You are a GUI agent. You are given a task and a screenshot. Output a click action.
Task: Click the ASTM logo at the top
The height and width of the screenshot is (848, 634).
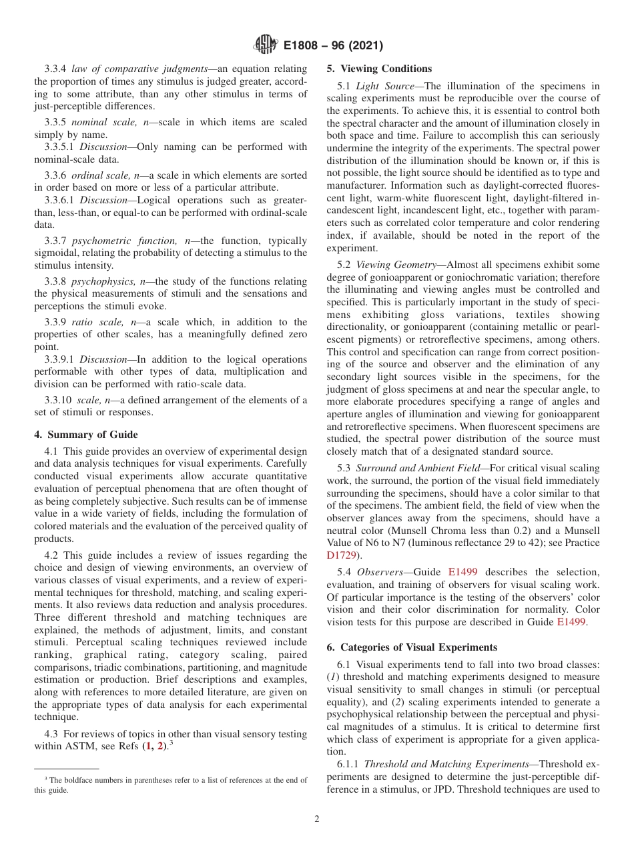(x=266, y=46)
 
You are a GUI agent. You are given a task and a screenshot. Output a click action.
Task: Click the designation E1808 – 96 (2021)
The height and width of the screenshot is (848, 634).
(x=331, y=46)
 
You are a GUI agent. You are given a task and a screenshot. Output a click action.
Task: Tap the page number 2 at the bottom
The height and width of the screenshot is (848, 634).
(x=317, y=819)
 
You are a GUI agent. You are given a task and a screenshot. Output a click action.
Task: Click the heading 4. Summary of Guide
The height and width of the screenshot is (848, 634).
(x=86, y=435)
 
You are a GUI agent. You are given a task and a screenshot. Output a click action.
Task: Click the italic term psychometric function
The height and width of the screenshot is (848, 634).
(x=105, y=241)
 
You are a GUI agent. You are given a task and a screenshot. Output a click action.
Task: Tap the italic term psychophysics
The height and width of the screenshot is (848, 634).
(x=102, y=281)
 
